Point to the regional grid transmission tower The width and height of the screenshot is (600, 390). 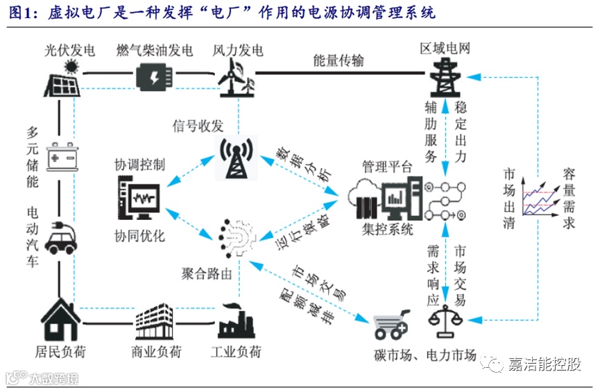tap(443, 77)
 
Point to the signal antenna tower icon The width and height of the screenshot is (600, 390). tap(237, 155)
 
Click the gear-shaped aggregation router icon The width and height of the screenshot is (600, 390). tap(236, 236)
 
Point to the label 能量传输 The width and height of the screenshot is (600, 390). tap(338, 60)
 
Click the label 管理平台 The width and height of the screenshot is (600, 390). tap(387, 167)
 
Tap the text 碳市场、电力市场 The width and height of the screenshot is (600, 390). tap(425, 356)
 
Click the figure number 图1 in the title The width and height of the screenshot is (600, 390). tap(20, 12)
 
